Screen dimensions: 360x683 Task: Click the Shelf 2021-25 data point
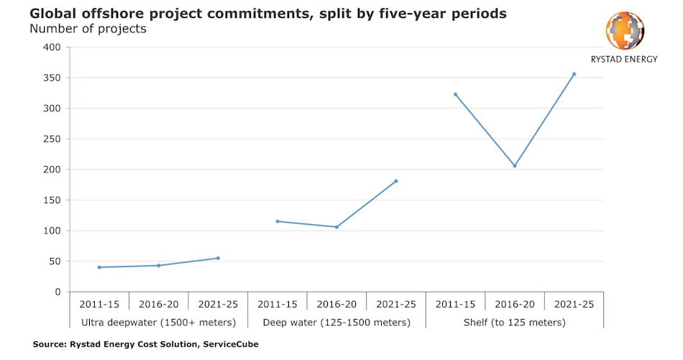(x=574, y=74)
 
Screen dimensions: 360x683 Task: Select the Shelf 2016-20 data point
(x=515, y=166)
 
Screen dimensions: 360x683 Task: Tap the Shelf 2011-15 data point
(x=456, y=94)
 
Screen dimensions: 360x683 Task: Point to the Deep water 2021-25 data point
(x=396, y=181)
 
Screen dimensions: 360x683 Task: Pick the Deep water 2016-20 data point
(x=336, y=227)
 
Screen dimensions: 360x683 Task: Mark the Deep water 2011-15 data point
(x=278, y=221)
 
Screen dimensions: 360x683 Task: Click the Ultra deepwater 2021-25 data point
(x=218, y=258)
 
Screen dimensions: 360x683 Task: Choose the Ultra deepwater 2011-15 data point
(x=99, y=267)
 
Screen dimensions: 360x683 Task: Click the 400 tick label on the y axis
(x=51, y=47)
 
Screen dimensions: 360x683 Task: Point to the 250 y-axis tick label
(x=51, y=139)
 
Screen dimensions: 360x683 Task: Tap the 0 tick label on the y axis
(x=57, y=292)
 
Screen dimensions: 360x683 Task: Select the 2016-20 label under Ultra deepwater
(x=159, y=304)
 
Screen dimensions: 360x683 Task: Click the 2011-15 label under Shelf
(x=456, y=304)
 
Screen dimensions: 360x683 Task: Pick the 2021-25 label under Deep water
(x=396, y=304)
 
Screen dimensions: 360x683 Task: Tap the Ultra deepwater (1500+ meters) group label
(x=159, y=323)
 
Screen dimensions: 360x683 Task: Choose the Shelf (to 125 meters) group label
(x=515, y=323)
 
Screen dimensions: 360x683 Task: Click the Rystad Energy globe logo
(x=625, y=30)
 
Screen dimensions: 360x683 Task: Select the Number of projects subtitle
(x=88, y=29)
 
